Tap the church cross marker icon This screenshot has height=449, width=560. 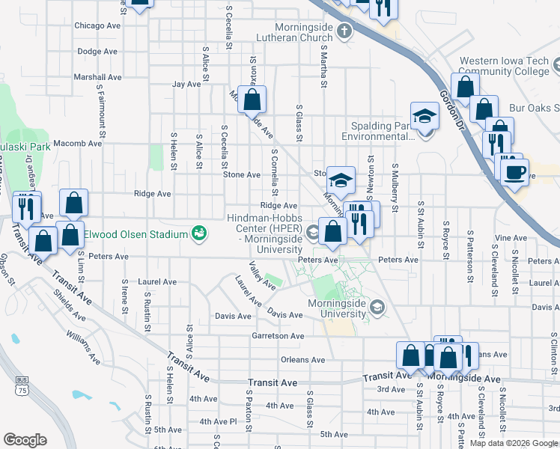(x=344, y=31)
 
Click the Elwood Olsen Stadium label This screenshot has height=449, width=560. (x=135, y=234)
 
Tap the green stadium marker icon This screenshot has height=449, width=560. (x=199, y=233)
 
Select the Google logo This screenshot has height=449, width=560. (x=25, y=440)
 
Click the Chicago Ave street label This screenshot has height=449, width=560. (x=97, y=25)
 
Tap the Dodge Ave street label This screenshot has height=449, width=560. (x=99, y=52)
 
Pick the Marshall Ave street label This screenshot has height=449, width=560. (x=97, y=77)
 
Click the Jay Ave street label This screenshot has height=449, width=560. (x=186, y=85)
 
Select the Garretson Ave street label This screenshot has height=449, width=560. (x=279, y=337)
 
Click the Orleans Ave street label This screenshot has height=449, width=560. (x=302, y=360)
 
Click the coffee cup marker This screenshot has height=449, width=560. (x=514, y=171)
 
